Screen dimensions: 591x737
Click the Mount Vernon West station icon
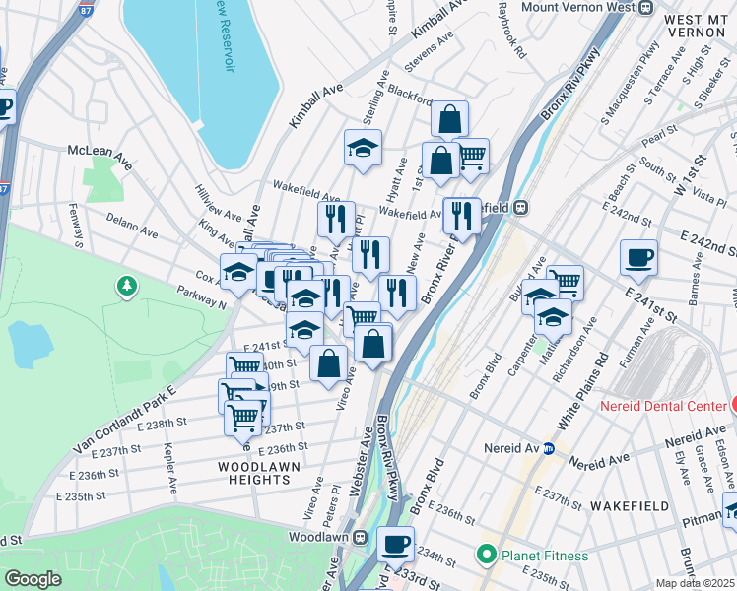pos(645,7)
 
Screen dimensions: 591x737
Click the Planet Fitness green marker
pos(485,556)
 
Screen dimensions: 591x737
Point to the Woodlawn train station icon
pos(362,538)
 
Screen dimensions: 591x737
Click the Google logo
pos(33,579)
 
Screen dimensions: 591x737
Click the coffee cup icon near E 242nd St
pos(638,258)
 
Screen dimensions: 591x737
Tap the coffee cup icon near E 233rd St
pos(397,543)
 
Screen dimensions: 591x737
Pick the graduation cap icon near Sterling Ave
pos(363,149)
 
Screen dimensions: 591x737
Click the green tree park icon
pos(126,287)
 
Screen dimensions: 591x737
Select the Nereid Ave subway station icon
pos(549,448)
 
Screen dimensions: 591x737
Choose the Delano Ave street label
pos(131,228)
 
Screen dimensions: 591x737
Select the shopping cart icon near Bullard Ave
pos(565,283)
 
